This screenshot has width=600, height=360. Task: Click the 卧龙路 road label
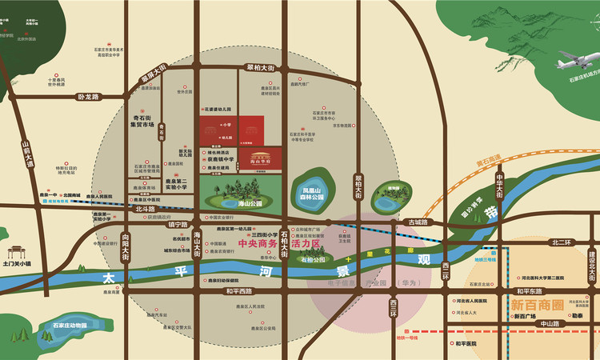(88, 97)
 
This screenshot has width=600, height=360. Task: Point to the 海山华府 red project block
(265, 158)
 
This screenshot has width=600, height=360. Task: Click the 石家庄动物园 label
(70, 326)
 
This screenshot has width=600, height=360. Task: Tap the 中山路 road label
(551, 324)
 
